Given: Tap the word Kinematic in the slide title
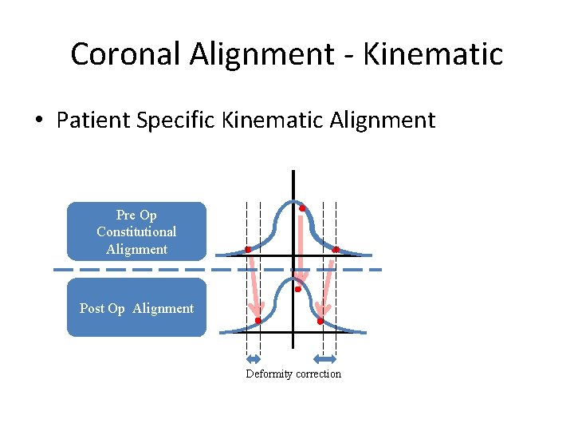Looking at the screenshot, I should click(434, 54).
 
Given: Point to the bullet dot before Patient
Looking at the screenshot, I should click(37, 121).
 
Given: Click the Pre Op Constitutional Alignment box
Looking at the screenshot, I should click(136, 231).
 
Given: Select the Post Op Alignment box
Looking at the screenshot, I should click(136, 308).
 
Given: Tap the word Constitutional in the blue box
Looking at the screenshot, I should click(136, 231).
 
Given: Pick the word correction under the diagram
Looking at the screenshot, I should click(318, 374).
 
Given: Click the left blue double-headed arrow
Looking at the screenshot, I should click(254, 358).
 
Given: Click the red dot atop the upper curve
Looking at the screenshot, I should click(302, 208).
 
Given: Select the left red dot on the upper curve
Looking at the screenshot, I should click(248, 250).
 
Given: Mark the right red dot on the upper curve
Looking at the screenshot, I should click(335, 250).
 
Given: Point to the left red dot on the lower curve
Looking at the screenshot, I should click(258, 321).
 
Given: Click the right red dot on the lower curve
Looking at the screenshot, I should click(320, 321).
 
